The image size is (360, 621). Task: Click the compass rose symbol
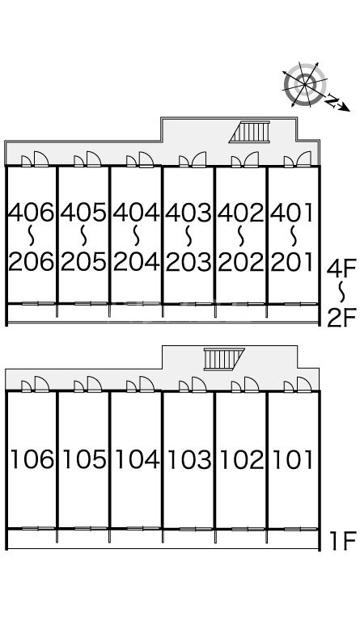(305, 85)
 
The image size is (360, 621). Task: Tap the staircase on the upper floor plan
(249, 132)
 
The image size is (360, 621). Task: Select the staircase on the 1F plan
(224, 359)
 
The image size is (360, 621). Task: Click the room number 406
(32, 212)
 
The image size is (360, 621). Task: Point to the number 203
(188, 262)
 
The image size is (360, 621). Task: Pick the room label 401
(292, 212)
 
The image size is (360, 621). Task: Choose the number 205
(83, 262)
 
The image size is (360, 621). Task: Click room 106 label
(32, 459)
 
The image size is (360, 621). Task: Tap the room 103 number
(189, 459)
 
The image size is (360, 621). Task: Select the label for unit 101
(293, 459)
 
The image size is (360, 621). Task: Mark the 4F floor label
(341, 268)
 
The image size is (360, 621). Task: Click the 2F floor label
(341, 318)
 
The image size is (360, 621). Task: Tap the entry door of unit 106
(41, 384)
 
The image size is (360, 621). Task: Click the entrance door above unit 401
(304, 159)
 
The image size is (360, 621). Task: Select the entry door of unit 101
(304, 384)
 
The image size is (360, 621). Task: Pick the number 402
(241, 212)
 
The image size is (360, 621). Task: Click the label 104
(137, 459)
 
